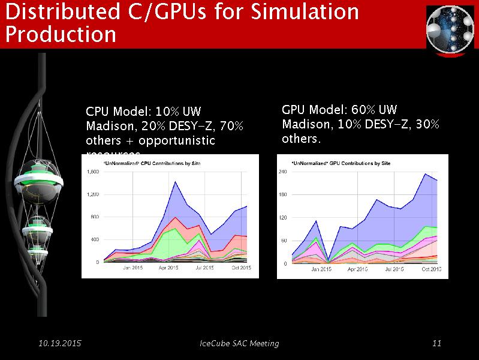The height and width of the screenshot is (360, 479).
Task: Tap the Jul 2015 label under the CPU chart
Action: (x=204, y=268)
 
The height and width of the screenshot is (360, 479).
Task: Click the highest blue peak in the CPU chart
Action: (x=174, y=182)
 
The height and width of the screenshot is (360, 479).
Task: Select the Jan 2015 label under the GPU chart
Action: (x=321, y=269)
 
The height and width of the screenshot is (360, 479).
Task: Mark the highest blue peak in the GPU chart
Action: (x=425, y=174)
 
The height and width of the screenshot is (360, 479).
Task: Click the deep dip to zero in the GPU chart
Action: (x=329, y=261)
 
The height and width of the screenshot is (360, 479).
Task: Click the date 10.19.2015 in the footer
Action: (x=59, y=343)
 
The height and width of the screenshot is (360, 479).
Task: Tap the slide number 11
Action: (x=436, y=343)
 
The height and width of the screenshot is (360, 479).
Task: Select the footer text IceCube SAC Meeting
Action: (x=239, y=343)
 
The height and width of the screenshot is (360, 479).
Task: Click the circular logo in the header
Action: (x=450, y=28)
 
